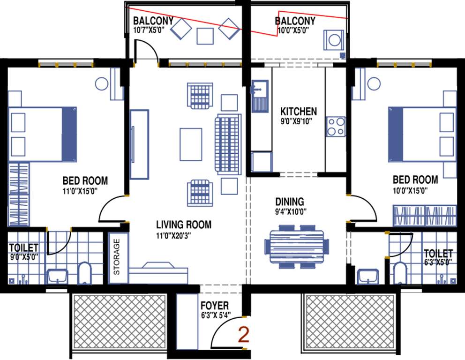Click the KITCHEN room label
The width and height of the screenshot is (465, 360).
(298, 112)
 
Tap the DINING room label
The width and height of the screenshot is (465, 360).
(289, 201)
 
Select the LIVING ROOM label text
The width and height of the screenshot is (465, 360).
(183, 225)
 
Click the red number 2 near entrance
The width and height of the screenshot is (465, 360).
(243, 336)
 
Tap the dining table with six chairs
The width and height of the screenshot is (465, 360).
(296, 246)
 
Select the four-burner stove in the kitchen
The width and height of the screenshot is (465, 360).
(336, 126)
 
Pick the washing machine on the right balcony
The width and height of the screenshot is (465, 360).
(334, 40)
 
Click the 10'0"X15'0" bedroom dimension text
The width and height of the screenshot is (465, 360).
(415, 191)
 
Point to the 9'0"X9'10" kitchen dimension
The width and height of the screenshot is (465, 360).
(298, 121)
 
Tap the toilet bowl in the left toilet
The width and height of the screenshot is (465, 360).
(84, 273)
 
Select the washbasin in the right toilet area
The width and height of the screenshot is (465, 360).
(367, 276)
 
